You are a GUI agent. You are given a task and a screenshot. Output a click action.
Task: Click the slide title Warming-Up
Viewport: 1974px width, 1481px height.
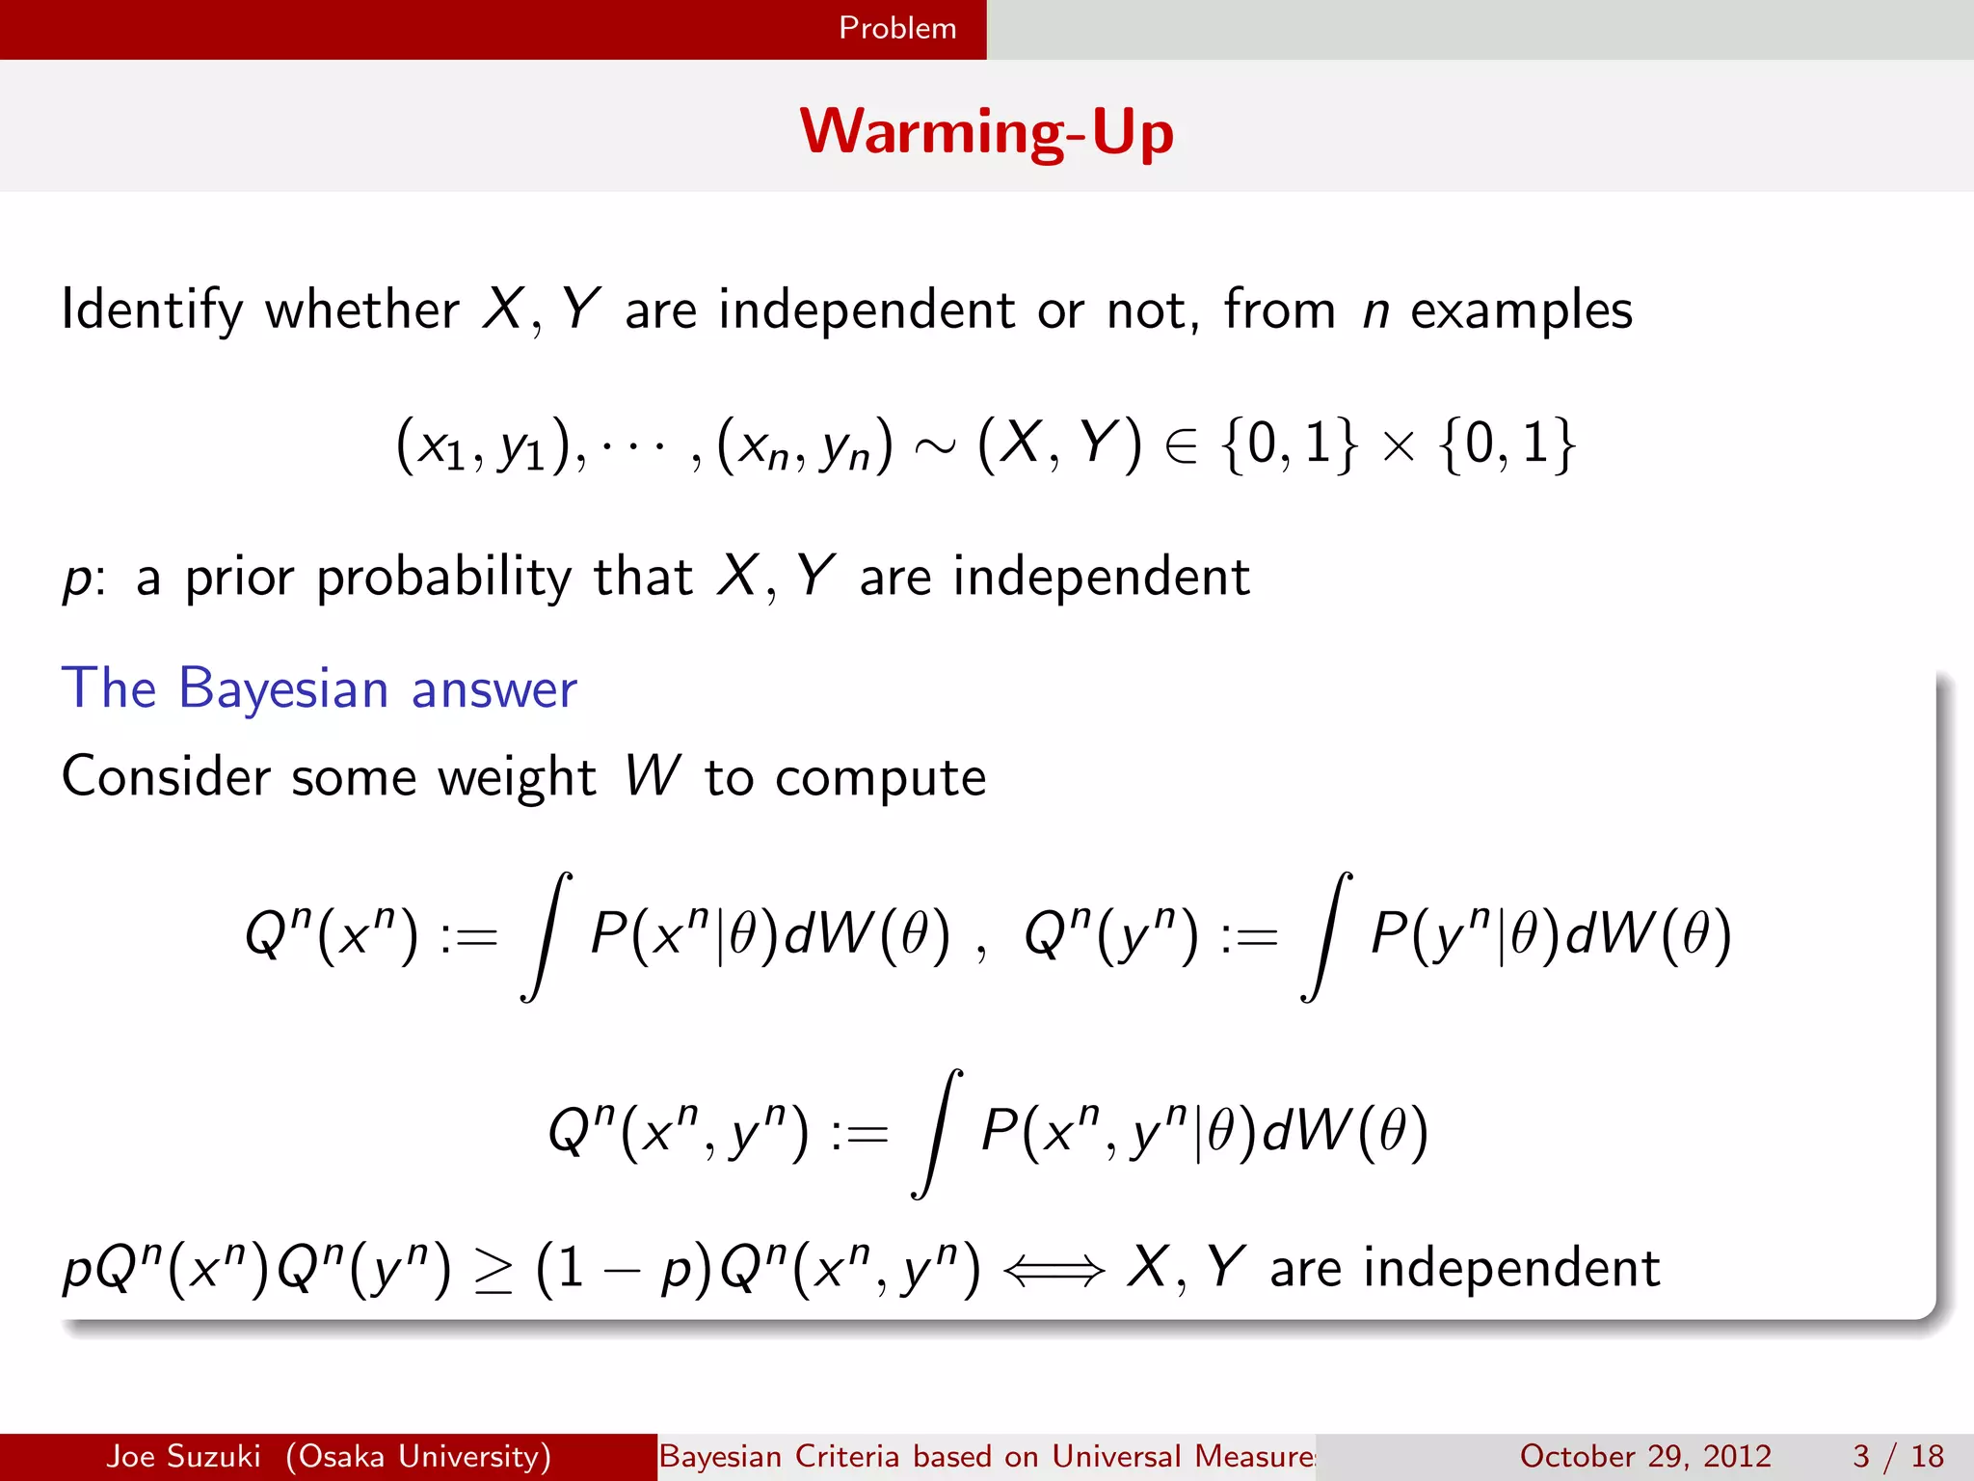(986, 132)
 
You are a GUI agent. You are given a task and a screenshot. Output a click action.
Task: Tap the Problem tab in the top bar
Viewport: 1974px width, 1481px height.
(897, 28)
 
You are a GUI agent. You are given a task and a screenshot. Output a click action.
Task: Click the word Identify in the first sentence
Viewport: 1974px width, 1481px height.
(152, 310)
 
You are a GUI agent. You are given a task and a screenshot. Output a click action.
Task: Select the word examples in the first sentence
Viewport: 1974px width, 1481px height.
(1522, 310)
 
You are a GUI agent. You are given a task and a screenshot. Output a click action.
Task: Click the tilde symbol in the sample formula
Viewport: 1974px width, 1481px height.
(934, 445)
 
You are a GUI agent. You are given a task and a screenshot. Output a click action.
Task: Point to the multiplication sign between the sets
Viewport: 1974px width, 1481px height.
(1398, 446)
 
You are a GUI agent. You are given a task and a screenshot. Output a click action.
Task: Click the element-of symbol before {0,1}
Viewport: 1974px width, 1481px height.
(1182, 446)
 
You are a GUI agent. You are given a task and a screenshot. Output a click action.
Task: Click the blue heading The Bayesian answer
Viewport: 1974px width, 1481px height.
(319, 688)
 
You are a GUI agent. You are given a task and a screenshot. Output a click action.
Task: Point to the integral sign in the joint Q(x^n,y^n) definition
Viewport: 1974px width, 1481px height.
(937, 1134)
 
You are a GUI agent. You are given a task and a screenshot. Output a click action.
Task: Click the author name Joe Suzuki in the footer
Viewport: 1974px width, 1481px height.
(183, 1456)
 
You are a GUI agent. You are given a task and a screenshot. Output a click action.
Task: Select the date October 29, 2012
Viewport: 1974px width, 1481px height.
(1645, 1456)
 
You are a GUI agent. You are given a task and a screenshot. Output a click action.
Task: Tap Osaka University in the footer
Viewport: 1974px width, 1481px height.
(418, 1456)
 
